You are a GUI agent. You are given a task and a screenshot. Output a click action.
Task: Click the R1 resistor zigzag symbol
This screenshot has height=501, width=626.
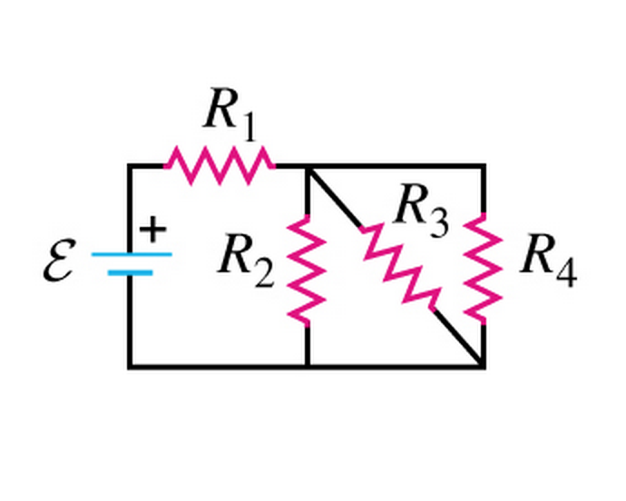pos(219,166)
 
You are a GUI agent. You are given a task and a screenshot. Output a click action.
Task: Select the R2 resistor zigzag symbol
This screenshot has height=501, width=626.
pos(308,268)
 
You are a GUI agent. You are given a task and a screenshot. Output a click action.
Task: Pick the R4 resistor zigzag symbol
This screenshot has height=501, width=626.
pos(483,268)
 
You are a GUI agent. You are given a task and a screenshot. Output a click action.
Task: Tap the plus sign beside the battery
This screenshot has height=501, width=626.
pos(154,230)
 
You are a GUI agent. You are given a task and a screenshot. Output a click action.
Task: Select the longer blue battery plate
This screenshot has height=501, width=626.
pos(131,254)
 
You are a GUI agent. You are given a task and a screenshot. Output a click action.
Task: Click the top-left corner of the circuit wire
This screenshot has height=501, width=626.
pos(130,166)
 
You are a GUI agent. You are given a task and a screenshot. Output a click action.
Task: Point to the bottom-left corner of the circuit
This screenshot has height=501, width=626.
pos(130,367)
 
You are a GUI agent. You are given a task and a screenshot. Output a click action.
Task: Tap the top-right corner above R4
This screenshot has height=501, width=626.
pos(483,166)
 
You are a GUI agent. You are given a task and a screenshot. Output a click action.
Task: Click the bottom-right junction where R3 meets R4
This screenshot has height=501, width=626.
pos(483,367)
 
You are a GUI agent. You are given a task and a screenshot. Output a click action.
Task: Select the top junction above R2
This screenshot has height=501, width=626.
pos(308,166)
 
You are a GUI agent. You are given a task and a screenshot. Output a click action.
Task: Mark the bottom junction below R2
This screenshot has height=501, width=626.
pos(308,367)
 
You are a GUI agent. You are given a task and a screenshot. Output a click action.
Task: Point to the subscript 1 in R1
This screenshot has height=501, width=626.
pos(246,128)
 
